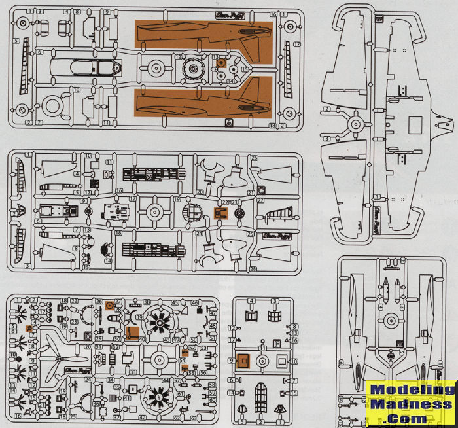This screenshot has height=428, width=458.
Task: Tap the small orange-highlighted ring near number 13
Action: (222, 63)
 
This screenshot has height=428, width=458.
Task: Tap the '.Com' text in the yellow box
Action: (411, 417)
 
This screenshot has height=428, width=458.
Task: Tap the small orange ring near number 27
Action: (110, 304)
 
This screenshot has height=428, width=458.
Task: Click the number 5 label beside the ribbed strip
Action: (14, 41)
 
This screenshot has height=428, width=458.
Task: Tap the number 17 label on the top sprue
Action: (296, 45)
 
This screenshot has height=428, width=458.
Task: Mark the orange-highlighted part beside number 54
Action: (185, 354)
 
